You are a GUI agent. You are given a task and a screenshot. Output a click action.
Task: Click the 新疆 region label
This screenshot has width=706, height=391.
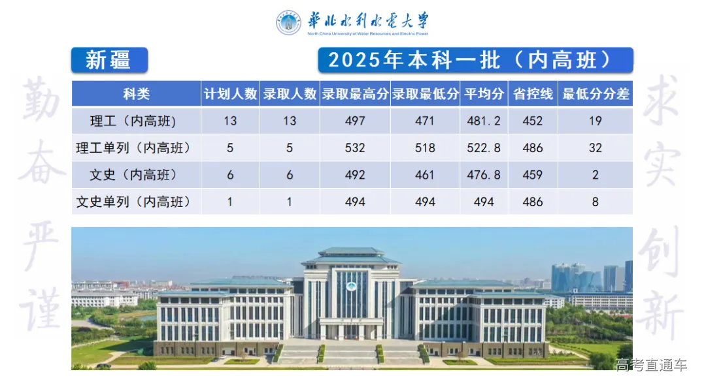point(109,60)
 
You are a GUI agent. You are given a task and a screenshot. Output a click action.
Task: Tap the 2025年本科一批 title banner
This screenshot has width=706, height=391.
point(475,60)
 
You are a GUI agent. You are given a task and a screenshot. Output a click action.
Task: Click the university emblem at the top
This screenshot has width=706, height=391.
point(288,23)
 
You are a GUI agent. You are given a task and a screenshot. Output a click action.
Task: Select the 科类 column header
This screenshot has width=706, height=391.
point(136,94)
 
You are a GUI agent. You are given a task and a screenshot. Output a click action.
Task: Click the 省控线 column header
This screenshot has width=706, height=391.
point(533,94)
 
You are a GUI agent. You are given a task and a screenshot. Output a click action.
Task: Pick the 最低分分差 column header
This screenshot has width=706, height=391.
point(596,94)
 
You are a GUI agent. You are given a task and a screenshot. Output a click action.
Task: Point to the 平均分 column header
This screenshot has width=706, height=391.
point(484,94)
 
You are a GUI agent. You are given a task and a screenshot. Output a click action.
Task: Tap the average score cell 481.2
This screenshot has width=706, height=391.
point(484,121)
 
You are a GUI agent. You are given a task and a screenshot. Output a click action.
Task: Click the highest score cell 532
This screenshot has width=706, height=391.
point(355,148)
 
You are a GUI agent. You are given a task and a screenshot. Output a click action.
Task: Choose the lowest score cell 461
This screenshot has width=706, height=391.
point(425,175)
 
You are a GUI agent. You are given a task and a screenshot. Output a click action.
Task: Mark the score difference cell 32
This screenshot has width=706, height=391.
point(595,148)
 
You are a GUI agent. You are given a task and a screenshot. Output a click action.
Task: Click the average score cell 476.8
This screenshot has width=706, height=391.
point(484,175)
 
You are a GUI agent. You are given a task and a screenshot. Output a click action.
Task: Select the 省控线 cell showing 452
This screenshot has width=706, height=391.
point(533,121)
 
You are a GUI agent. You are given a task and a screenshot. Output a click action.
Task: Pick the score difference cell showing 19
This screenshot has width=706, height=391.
point(595,121)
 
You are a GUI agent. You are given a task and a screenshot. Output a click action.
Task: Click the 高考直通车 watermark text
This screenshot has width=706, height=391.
point(651,365)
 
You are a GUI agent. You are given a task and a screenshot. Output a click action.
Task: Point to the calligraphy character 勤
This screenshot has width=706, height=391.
point(44,104)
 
